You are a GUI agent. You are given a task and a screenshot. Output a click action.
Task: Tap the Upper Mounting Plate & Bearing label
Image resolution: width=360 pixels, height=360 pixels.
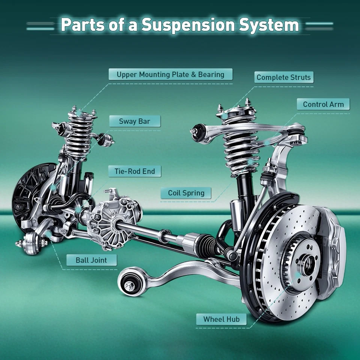click(170, 74)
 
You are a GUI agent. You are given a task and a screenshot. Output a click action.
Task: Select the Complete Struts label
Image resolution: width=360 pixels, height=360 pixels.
click(283, 78)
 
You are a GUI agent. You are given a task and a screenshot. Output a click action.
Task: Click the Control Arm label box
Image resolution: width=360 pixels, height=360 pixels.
click(323, 105)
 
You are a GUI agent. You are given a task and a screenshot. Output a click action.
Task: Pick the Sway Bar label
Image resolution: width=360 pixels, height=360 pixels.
click(135, 121)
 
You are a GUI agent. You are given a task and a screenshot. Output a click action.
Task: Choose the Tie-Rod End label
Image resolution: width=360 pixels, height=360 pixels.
click(135, 172)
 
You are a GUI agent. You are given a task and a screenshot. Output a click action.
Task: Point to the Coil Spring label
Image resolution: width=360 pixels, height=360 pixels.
click(186, 193)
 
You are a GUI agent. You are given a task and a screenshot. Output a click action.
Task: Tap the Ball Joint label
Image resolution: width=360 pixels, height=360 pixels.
click(91, 260)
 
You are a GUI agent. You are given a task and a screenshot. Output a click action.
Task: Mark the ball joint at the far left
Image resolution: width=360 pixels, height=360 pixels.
click(31, 242)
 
